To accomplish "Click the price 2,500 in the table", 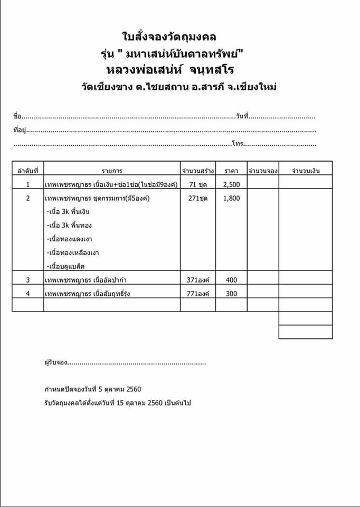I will [231, 184].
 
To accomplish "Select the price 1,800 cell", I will [231, 199].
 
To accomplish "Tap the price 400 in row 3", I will [231, 280].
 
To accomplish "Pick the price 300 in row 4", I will [231, 294].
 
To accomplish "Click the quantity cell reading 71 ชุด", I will [198, 184].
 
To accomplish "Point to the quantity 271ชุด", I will [198, 199].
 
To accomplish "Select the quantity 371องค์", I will [198, 280].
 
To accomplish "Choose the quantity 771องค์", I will [198, 294].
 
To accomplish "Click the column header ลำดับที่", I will [28, 171].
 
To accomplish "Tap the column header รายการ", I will [112, 171].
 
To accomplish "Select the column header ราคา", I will [231, 171].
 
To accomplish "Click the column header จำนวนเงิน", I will [306, 171].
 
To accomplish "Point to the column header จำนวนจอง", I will [263, 171].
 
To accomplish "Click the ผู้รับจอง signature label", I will [56, 363].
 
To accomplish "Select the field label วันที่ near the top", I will [242, 116].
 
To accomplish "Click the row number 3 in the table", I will [28, 280].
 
